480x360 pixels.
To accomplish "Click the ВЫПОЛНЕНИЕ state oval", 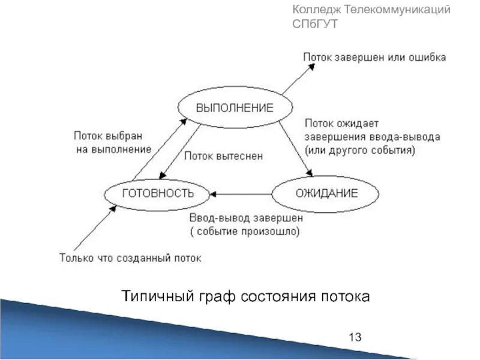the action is [235, 109].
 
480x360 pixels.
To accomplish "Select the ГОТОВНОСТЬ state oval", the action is [158, 193].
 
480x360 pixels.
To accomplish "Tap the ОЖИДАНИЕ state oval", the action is [326, 193].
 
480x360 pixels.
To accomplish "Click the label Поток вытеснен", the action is [223, 156].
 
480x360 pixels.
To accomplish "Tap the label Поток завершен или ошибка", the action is [374, 58].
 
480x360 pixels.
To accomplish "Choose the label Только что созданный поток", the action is [131, 258].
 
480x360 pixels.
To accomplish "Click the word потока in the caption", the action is [345, 296].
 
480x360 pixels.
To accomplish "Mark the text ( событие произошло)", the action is [245, 230].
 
